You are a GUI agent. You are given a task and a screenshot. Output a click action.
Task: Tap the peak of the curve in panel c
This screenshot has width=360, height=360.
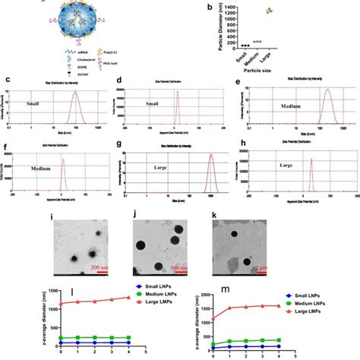click(75, 93)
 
